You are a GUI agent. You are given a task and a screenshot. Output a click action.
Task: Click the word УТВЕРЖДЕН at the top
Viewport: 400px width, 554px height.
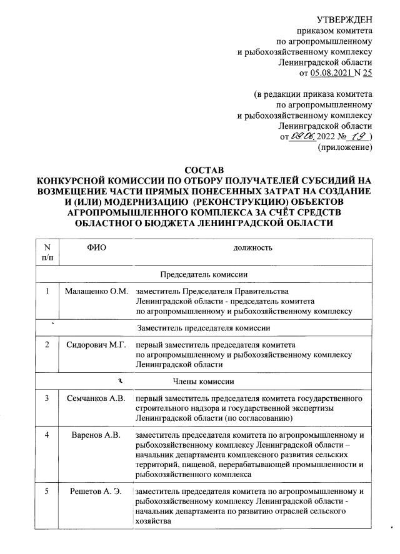[344, 21]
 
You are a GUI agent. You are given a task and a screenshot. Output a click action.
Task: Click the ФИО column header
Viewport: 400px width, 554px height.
[96, 248]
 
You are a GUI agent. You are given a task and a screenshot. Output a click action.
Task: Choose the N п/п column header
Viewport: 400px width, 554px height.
[47, 252]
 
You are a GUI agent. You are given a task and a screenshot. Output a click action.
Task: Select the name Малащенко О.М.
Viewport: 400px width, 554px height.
[96, 292]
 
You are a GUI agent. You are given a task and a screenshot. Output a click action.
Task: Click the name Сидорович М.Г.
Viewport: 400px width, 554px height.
[96, 345]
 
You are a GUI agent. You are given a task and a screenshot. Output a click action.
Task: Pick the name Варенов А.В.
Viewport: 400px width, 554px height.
[96, 434]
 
